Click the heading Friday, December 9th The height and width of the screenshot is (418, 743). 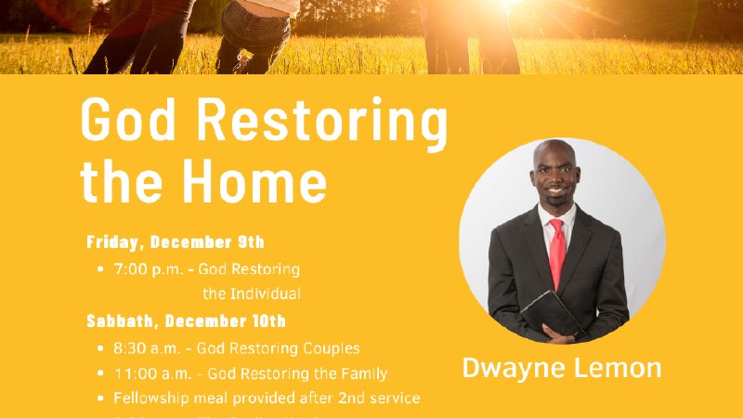(176, 242)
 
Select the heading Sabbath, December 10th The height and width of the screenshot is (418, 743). (186, 321)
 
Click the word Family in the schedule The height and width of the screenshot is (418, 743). (364, 373)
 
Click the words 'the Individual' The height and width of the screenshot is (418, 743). (252, 294)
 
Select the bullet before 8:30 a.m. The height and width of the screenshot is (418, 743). (100, 349)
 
